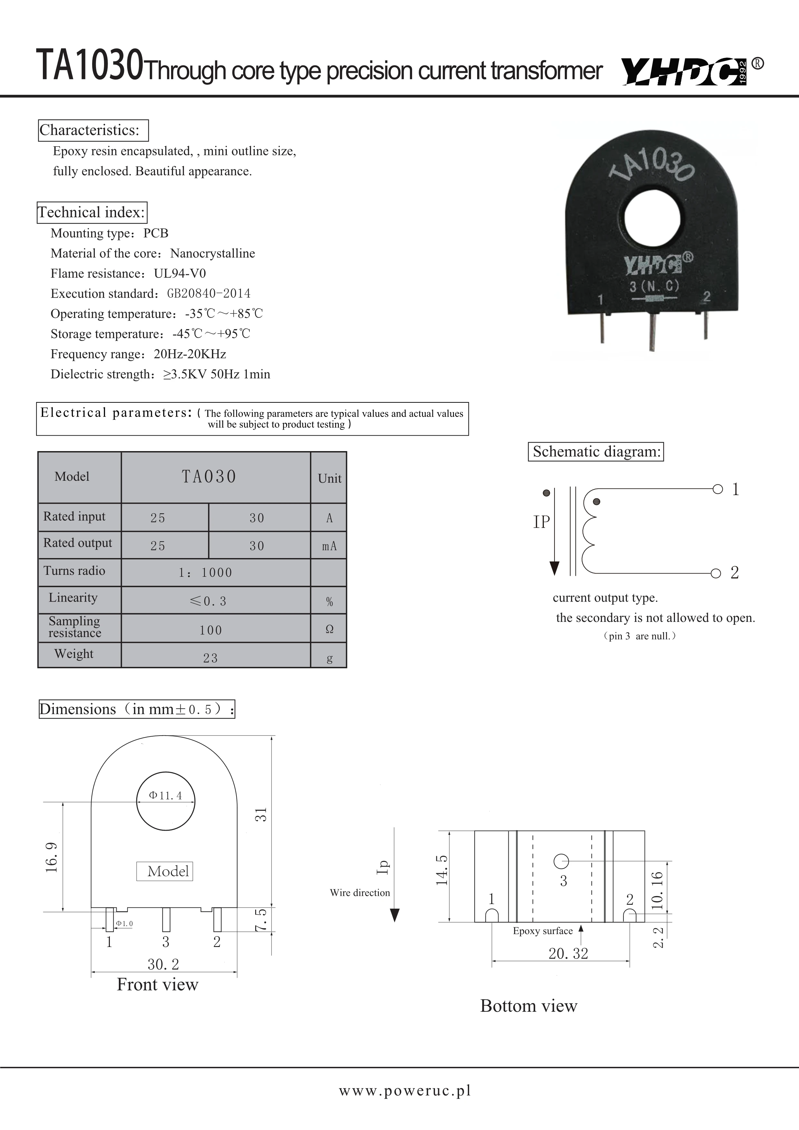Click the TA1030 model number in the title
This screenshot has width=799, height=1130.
tap(90, 65)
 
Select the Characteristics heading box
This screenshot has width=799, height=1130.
tap(93, 130)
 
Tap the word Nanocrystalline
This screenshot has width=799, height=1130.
tap(213, 254)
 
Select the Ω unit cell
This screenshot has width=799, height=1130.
tap(329, 629)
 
